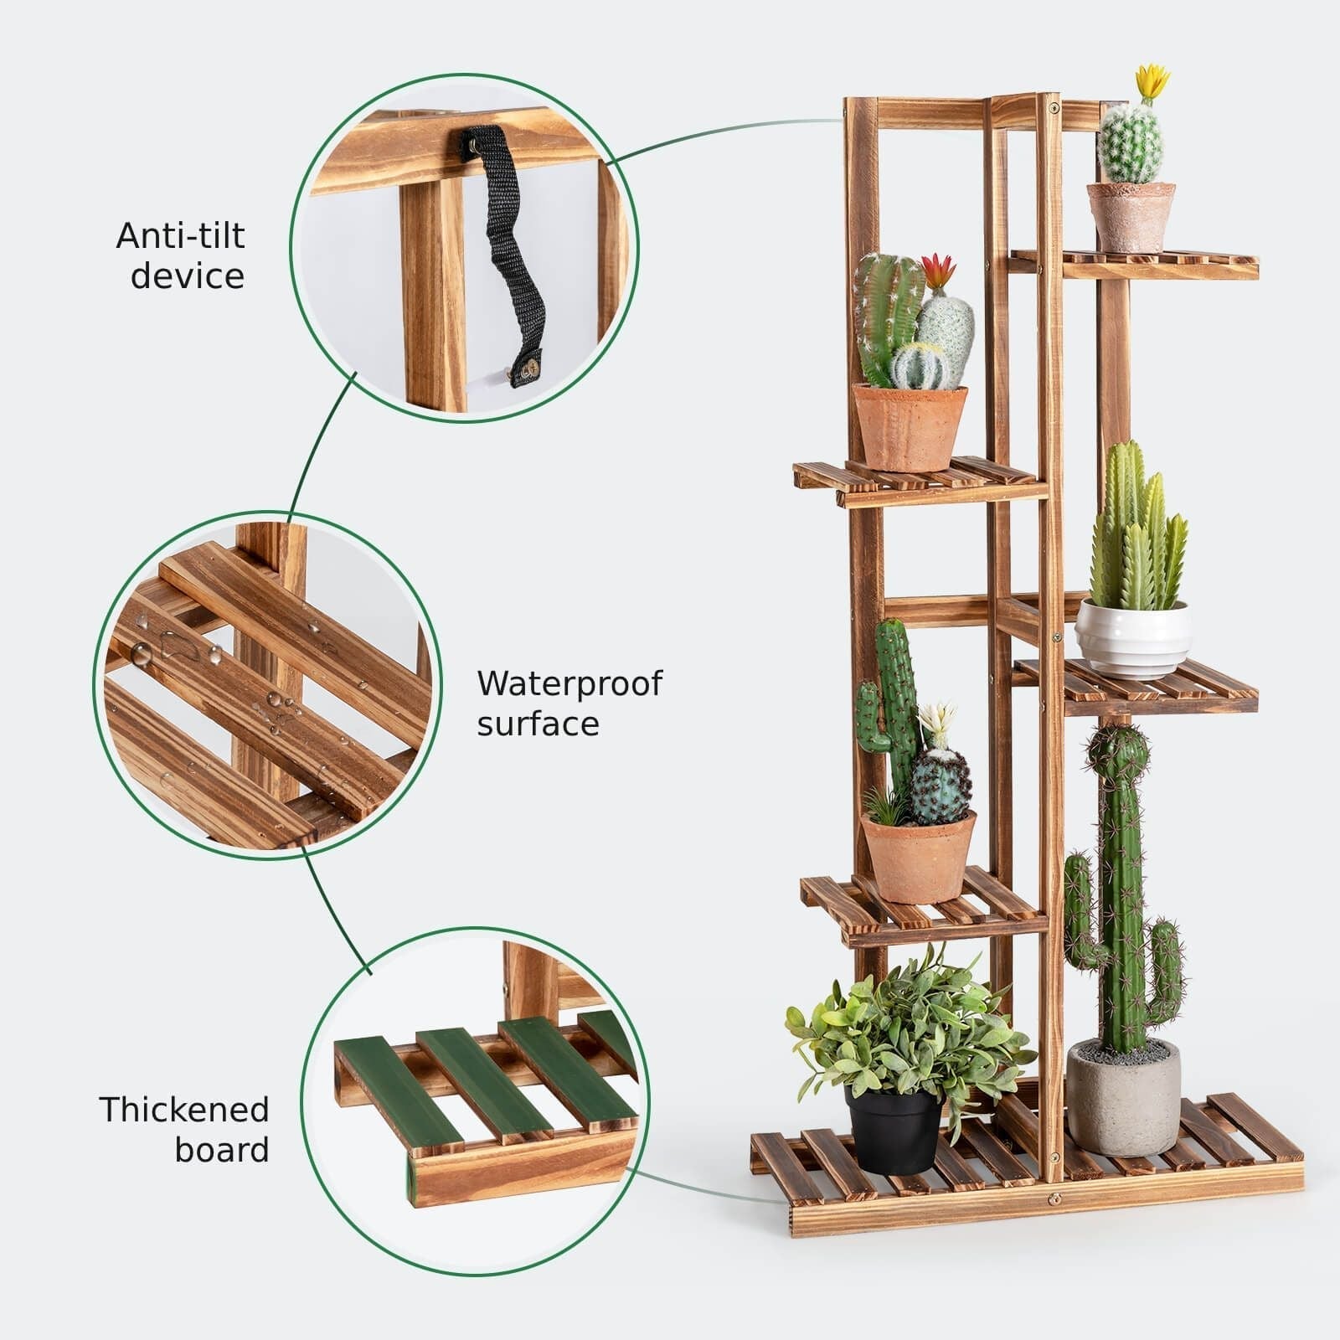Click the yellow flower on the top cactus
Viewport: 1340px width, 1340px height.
pyautogui.click(x=1152, y=81)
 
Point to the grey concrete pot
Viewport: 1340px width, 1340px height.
pyautogui.click(x=1123, y=1098)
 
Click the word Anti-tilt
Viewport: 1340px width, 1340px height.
pyautogui.click(x=180, y=235)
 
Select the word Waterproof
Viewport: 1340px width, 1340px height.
pyautogui.click(x=569, y=684)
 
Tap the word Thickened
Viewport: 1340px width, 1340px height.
pyautogui.click(x=184, y=1110)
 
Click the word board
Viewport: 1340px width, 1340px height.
pyautogui.click(x=222, y=1150)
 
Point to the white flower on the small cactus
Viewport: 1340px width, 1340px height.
pyautogui.click(x=937, y=723)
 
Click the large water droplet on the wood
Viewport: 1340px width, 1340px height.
pyautogui.click(x=141, y=654)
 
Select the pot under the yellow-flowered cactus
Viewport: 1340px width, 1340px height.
pyautogui.click(x=1131, y=218)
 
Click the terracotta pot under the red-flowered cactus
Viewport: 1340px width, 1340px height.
pyautogui.click(x=909, y=428)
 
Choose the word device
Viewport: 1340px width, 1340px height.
pyautogui.click(x=188, y=276)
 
